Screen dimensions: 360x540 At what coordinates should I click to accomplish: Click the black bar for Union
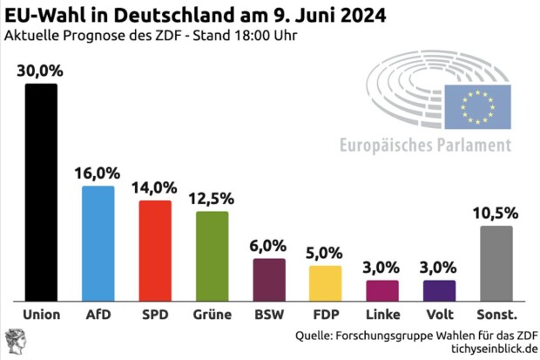(x=41, y=192)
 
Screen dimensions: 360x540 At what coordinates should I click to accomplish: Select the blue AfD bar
(x=98, y=243)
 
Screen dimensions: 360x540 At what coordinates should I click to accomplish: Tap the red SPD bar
(x=155, y=250)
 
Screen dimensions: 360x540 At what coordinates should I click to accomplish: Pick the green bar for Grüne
(x=212, y=255)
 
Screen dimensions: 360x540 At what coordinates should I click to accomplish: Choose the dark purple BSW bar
(x=269, y=279)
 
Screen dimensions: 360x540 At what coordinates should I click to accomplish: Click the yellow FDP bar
(x=326, y=282)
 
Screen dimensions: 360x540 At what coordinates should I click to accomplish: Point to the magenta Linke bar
(x=382, y=290)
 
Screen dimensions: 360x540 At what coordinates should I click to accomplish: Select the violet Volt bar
(x=440, y=290)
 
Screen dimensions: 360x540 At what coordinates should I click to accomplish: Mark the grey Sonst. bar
(x=496, y=263)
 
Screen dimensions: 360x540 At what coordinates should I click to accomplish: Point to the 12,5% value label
(x=212, y=200)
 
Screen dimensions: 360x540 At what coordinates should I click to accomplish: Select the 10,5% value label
(x=496, y=214)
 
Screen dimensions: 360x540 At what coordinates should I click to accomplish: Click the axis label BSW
(x=269, y=314)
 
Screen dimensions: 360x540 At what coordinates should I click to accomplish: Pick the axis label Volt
(x=440, y=314)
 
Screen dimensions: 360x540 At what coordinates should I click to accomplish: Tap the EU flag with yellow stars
(x=477, y=106)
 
